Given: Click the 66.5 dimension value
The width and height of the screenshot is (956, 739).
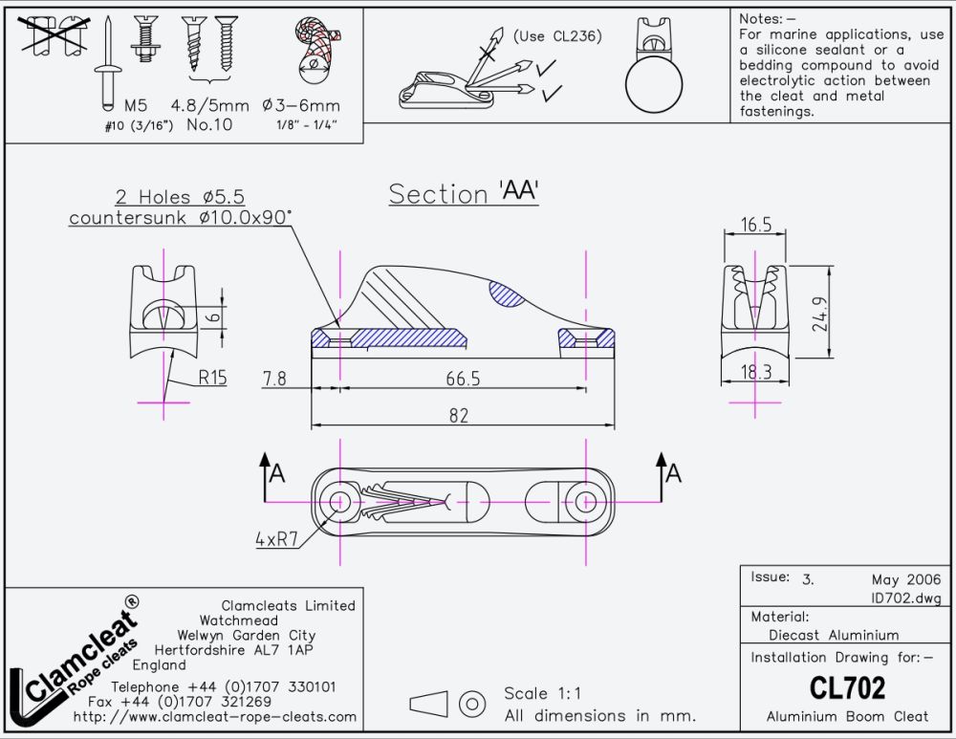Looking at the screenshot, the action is [463, 379].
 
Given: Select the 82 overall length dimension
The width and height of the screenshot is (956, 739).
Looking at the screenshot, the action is [459, 416].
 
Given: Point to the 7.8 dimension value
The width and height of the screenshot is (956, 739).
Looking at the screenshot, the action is [274, 379].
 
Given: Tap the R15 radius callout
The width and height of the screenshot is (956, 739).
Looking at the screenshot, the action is [212, 378].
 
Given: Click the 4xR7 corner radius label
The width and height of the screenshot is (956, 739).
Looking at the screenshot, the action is [276, 539].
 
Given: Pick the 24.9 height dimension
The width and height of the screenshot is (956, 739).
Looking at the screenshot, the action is [820, 314].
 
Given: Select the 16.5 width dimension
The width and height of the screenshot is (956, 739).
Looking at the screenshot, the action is [756, 225].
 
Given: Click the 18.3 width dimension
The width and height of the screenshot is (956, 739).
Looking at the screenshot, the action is [756, 372].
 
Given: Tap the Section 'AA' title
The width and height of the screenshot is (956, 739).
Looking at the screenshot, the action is [464, 193].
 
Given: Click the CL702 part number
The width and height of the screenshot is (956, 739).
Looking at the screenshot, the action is [847, 687].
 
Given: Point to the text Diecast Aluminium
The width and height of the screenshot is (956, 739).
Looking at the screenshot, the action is [834, 635].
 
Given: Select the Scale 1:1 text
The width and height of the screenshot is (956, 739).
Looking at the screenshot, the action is [542, 693].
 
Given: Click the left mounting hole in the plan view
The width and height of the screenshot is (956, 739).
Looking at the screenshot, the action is [339, 502].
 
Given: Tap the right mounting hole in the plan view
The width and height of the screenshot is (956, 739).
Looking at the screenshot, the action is [586, 502].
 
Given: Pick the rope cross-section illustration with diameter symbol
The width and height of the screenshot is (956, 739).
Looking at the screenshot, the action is [315, 50].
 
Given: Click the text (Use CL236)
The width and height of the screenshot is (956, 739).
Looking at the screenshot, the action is [557, 36].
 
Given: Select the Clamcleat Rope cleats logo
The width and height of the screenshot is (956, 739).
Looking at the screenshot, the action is [75, 662].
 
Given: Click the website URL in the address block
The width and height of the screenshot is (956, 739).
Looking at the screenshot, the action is [214, 716].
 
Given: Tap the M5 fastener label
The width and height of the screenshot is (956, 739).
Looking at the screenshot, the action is [136, 105].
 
